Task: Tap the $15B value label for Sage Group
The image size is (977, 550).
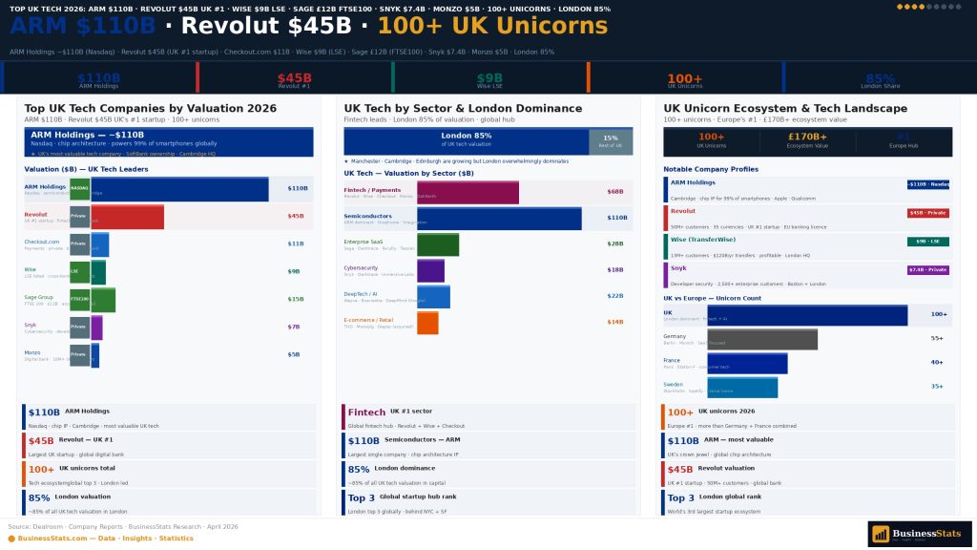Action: click(295, 300)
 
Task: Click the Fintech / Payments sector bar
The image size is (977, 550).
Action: click(468, 192)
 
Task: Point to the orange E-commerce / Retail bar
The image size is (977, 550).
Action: click(427, 323)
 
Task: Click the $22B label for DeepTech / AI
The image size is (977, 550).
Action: click(614, 296)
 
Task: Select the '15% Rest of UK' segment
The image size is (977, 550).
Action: click(611, 141)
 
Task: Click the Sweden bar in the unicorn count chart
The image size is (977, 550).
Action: click(742, 388)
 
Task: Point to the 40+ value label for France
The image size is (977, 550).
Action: click(937, 363)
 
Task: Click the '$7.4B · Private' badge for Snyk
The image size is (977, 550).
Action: click(927, 270)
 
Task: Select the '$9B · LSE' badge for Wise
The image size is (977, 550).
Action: click(927, 242)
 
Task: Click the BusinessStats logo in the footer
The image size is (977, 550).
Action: click(920, 534)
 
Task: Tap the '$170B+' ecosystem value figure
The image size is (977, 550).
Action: click(807, 137)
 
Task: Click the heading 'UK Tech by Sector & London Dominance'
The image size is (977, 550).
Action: click(463, 109)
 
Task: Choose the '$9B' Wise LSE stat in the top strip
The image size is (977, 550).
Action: click(489, 78)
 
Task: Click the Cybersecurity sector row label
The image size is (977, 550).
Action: click(362, 268)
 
